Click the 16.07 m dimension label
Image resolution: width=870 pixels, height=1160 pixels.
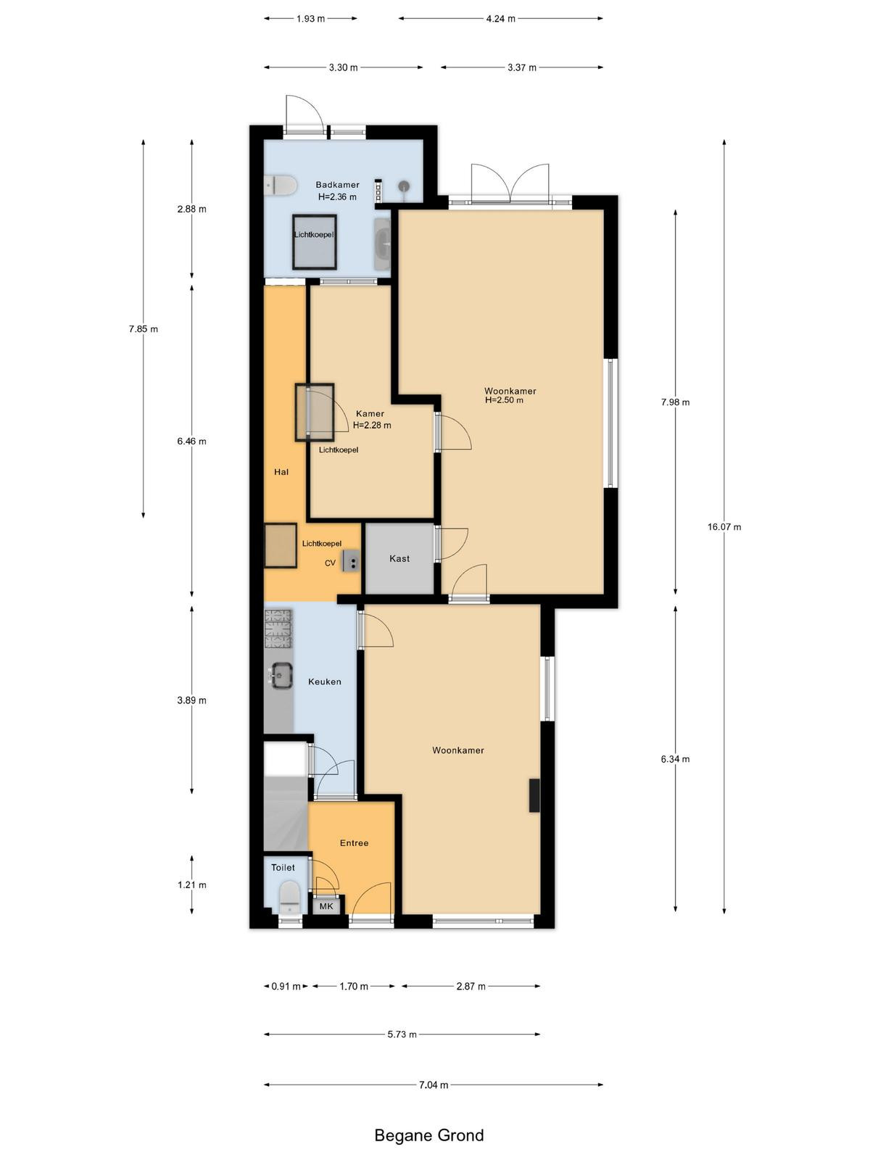pyautogui.click(x=724, y=527)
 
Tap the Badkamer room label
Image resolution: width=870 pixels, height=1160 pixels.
pyautogui.click(x=337, y=184)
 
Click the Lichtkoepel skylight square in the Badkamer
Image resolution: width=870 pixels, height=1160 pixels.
pyautogui.click(x=315, y=241)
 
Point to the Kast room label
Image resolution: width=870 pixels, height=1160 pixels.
pyautogui.click(x=399, y=558)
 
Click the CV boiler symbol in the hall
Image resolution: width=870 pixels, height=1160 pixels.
pyautogui.click(x=350, y=560)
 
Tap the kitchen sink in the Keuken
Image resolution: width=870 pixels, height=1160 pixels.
pyautogui.click(x=283, y=675)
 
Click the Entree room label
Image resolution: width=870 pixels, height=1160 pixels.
pyautogui.click(x=354, y=843)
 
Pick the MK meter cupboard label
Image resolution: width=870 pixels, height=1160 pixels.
pyautogui.click(x=326, y=906)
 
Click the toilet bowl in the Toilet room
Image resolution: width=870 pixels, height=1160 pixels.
pyautogui.click(x=289, y=897)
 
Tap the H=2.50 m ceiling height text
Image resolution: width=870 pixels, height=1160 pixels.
pyautogui.click(x=505, y=400)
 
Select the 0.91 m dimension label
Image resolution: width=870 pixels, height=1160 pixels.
pyautogui.click(x=286, y=986)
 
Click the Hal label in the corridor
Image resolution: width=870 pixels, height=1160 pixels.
pyautogui.click(x=281, y=472)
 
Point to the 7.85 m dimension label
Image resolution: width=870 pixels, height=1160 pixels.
pyautogui.click(x=143, y=328)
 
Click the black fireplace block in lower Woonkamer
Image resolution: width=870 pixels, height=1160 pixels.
pyautogui.click(x=534, y=795)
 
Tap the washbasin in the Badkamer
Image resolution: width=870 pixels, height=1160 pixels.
pyautogui.click(x=383, y=244)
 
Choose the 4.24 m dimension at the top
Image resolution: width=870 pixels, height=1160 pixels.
pyautogui.click(x=500, y=19)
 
